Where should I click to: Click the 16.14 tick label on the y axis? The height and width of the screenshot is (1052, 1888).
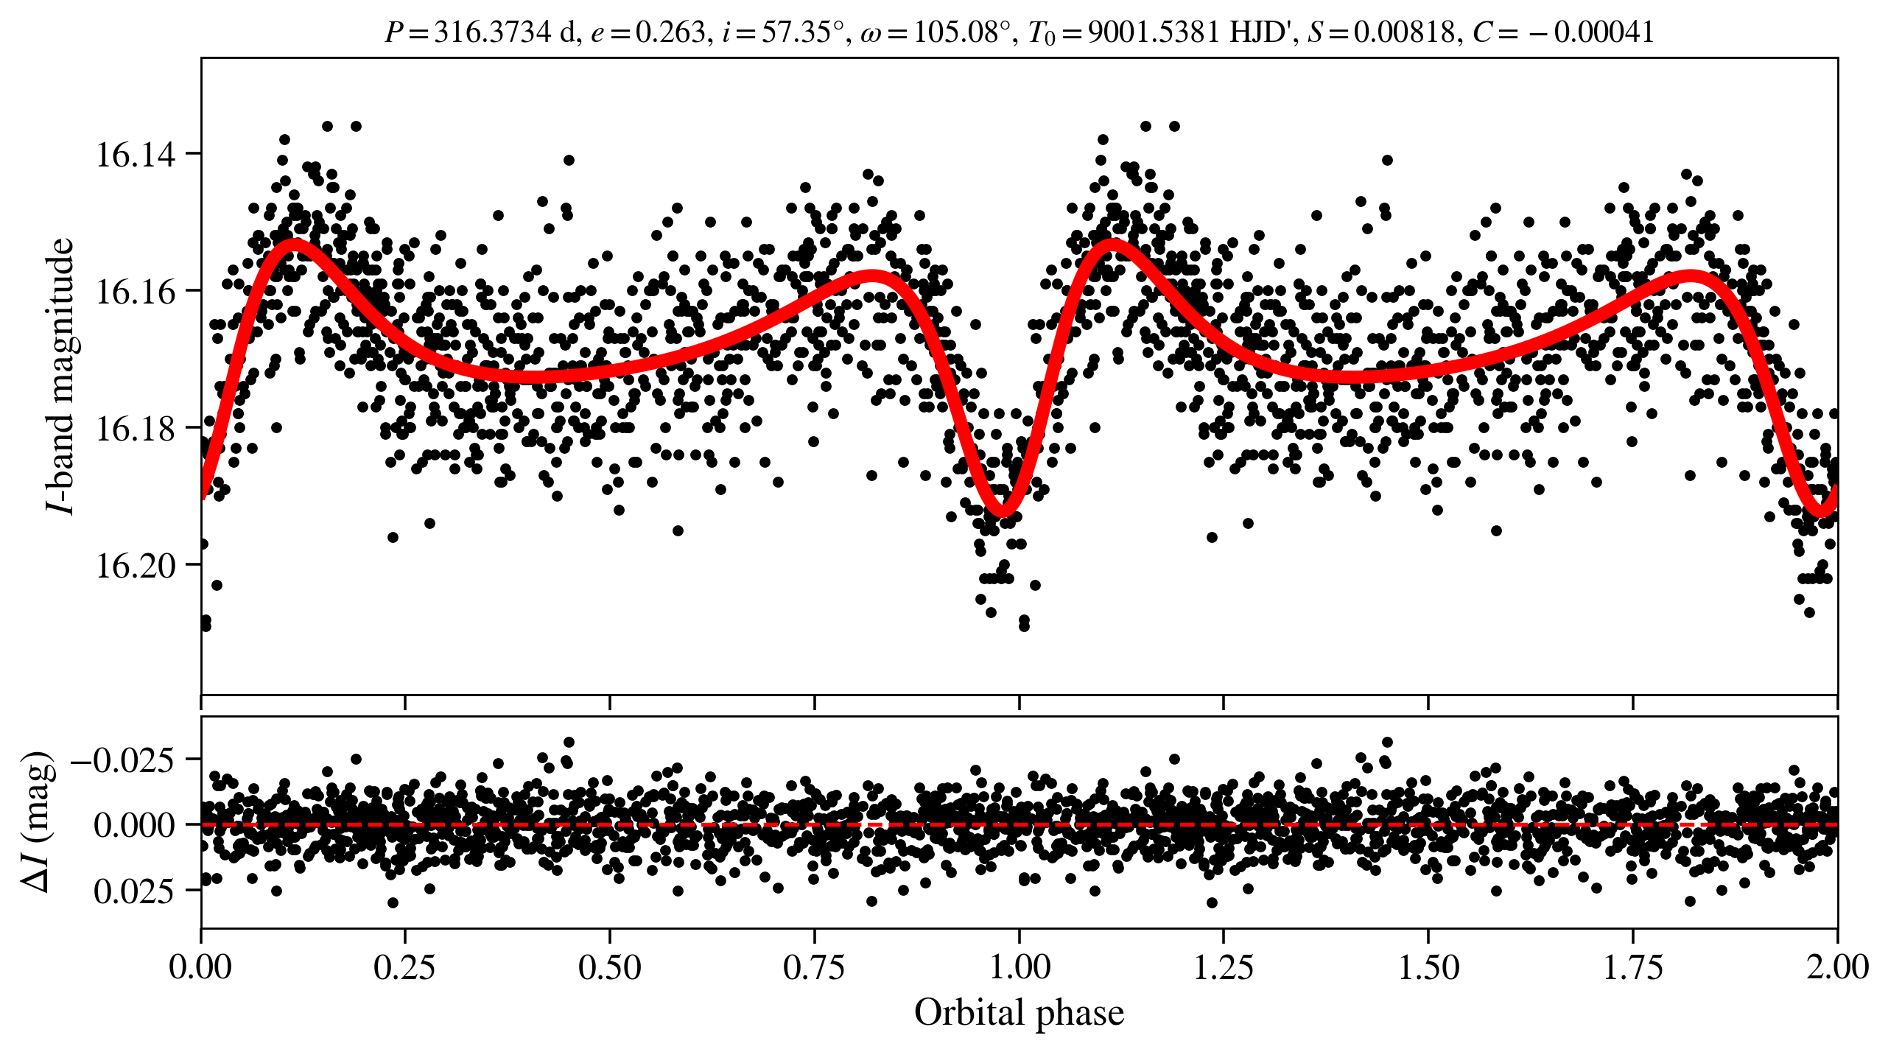pyautogui.click(x=136, y=155)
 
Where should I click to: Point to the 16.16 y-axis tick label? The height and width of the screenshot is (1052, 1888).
pyautogui.click(x=136, y=292)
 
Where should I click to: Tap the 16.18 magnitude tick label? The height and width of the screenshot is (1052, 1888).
pyautogui.click(x=136, y=429)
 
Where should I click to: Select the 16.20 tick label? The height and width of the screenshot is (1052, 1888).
pyautogui.click(x=136, y=566)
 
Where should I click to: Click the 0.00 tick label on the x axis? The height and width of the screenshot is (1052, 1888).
pyautogui.click(x=200, y=967)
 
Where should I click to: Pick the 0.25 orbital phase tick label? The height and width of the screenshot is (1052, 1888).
pyautogui.click(x=404, y=967)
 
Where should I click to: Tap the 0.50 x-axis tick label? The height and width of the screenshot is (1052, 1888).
pyautogui.click(x=609, y=967)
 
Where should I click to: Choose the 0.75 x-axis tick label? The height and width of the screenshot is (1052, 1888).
pyautogui.click(x=814, y=967)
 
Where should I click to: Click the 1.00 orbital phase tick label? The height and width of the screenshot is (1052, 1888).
pyautogui.click(x=1019, y=967)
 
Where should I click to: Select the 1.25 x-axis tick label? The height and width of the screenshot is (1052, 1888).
pyautogui.click(x=1223, y=967)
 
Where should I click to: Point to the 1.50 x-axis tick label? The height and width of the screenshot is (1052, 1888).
pyautogui.click(x=1428, y=967)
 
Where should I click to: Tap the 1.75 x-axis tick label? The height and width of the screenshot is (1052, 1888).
pyautogui.click(x=1632, y=967)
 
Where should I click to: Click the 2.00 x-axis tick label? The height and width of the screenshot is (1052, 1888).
pyautogui.click(x=1837, y=967)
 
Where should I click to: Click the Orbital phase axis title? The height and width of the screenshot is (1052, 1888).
pyautogui.click(x=1019, y=1013)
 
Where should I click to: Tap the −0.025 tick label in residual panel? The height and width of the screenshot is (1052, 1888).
pyautogui.click(x=123, y=760)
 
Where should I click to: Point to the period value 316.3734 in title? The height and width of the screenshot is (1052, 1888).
pyautogui.click(x=492, y=32)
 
